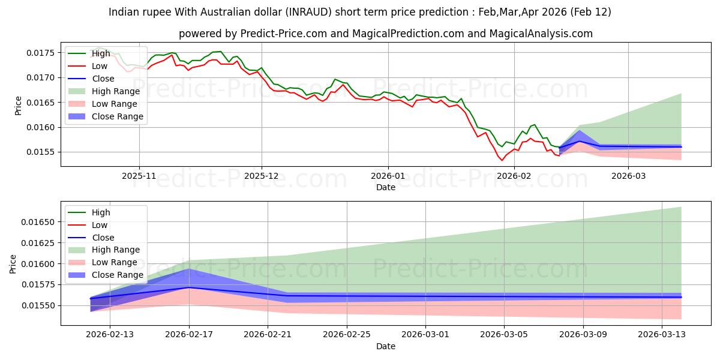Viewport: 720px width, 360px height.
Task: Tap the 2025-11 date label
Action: coord(139,176)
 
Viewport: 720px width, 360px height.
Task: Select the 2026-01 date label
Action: coord(388,176)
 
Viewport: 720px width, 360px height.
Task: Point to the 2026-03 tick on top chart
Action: coord(628,176)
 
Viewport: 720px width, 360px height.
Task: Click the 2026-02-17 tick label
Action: coord(190,335)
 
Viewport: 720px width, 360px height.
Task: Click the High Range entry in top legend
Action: coord(115,91)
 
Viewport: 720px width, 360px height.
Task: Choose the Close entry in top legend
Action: coord(103,79)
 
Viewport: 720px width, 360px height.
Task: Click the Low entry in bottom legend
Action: coord(100,225)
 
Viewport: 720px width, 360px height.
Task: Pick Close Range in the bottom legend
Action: coord(117,275)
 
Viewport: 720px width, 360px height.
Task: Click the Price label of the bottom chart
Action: coord(13,263)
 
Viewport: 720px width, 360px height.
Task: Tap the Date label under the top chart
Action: coord(385,187)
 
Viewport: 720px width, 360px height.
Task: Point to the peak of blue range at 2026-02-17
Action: coord(190,269)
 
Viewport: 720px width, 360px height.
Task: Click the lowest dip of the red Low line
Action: coord(502,160)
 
